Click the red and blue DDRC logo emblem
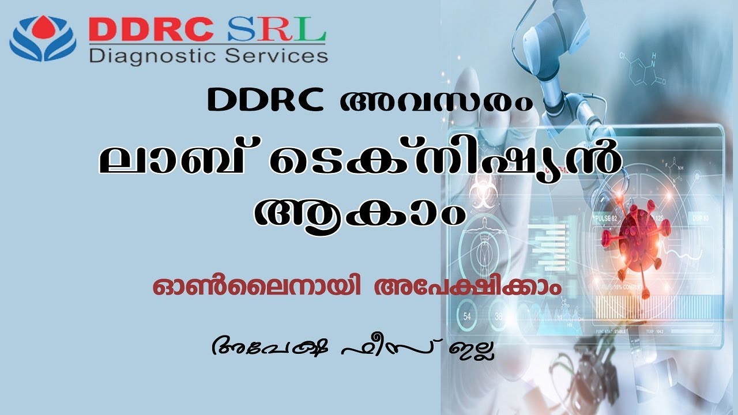point(43,39)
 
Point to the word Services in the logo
point(280,56)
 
